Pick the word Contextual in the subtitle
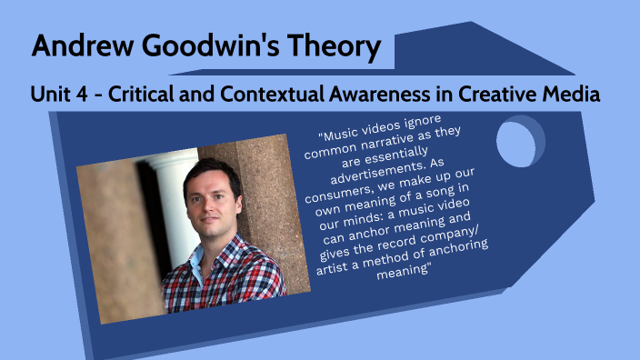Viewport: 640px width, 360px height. point(274,94)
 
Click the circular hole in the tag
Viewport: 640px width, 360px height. point(519,146)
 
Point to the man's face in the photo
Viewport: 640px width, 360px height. point(212,201)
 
